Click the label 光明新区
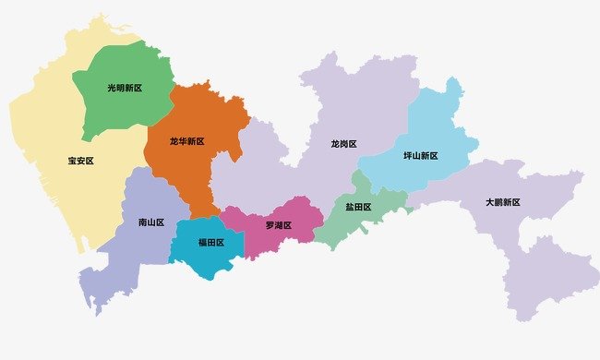coord(125,89)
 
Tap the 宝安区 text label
coord(81,161)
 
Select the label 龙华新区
coord(186,141)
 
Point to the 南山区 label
coord(150,222)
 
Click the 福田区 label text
coord(211,243)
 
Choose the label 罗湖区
coord(278,225)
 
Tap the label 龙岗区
coord(344,144)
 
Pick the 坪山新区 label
coord(421,156)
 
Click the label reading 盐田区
coord(358,208)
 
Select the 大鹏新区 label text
coord(502,202)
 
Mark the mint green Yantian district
coord(342,226)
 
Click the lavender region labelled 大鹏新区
coord(545,268)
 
